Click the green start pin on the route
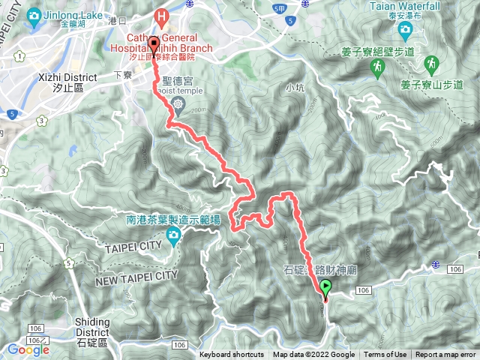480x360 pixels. pos(325,286)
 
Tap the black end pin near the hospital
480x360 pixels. pos(154,43)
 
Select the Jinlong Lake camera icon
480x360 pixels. pos(34,15)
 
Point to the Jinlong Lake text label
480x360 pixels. pos(76,14)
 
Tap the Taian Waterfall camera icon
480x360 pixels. pos(406,30)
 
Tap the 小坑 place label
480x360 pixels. pos(295,87)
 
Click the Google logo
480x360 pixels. pos(28,349)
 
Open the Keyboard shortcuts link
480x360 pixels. pos(231,355)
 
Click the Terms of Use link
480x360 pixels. pos(385,355)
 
